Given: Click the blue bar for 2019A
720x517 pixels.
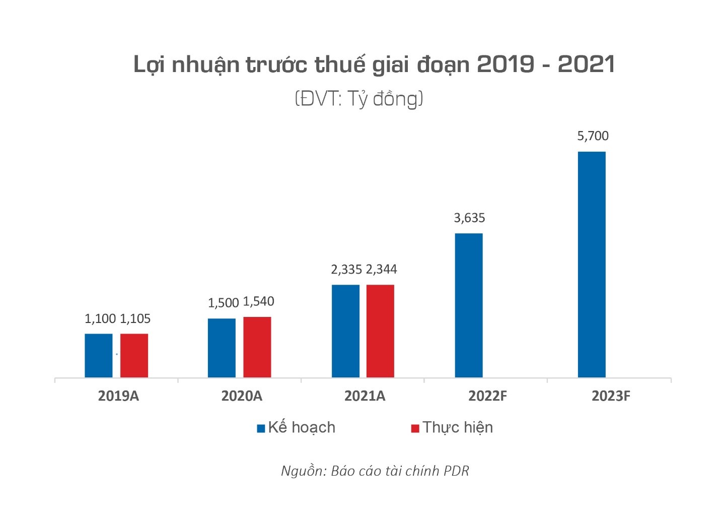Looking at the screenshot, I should pos(99,355).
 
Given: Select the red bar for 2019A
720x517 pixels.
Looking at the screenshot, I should pos(134,355).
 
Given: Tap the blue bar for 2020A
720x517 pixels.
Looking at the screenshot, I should pos(222,348).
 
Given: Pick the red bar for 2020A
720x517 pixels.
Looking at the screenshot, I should pos(257,347).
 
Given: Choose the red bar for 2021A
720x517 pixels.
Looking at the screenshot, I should pos(380,331).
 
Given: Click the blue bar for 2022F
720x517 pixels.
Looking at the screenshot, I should pos(469,305).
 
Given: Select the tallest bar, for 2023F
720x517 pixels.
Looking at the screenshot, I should pos(592,264).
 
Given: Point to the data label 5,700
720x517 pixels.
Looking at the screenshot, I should pos(593,136).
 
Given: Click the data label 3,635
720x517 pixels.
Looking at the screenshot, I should pos(469,218).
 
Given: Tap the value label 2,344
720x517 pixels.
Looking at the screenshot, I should pos(381,270).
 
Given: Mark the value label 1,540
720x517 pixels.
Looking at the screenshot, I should pos(258,302).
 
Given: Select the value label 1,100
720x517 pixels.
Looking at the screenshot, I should pos(100,319).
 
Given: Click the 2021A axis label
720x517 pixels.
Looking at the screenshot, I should pos(365,396).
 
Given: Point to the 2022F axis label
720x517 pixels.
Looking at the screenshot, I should pos(487,396).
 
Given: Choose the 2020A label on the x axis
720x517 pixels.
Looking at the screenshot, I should pos(242,396).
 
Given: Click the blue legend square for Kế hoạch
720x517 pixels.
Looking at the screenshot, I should pos(261,429).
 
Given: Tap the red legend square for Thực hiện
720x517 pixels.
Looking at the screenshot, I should pos(415,429).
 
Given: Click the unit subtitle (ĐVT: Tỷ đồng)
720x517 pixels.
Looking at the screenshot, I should pos(358,99).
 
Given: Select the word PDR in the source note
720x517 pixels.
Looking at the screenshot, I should pos(457,471).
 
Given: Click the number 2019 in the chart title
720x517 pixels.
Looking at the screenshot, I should pos(505,64).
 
